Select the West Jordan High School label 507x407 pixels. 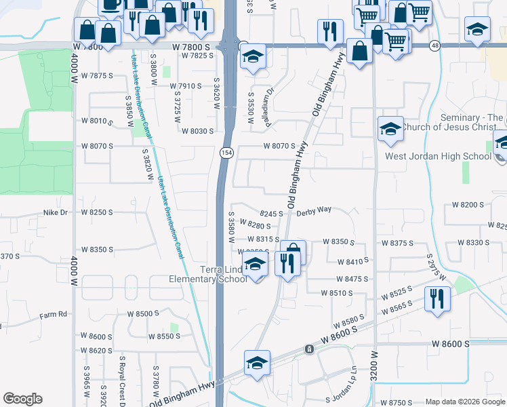(x=438, y=157)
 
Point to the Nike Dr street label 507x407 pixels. (x=56, y=212)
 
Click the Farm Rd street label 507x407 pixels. (x=54, y=314)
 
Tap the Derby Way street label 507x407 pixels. (x=313, y=210)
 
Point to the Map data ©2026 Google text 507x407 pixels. (x=465, y=401)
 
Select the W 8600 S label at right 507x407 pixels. (x=451, y=345)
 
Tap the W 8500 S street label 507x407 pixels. (x=143, y=314)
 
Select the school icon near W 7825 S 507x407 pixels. (x=252, y=58)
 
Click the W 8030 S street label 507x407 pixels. (x=197, y=131)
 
